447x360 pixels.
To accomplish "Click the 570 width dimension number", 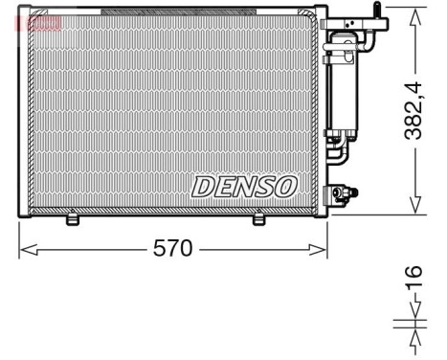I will tap(173, 249).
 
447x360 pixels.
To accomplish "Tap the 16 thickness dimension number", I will tap(413, 278).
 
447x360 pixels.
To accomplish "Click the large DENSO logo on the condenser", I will tap(244, 186).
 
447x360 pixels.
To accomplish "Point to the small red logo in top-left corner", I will tap(44, 22).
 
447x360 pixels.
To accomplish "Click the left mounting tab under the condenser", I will tap(72, 220).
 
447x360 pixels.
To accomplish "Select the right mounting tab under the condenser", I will tap(257, 220).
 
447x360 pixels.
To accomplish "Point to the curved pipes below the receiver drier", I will tap(337, 153).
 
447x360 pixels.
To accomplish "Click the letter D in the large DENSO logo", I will tap(203, 186).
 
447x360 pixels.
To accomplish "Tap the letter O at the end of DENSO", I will tap(285, 186).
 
